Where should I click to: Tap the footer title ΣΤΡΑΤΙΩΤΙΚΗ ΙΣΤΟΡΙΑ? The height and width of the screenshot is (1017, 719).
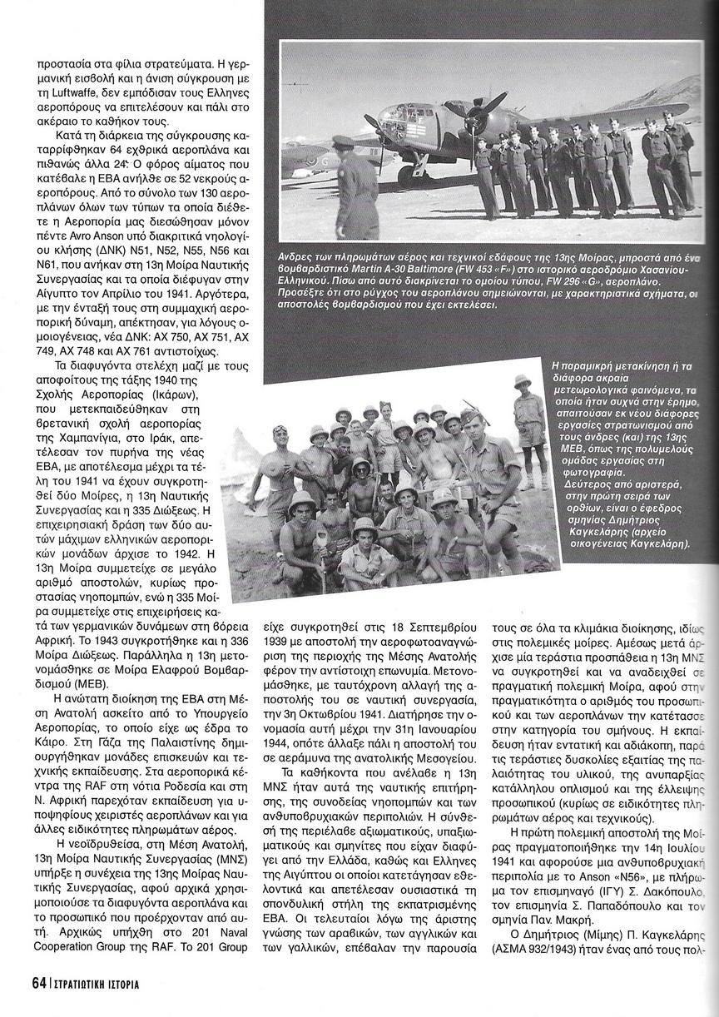92,984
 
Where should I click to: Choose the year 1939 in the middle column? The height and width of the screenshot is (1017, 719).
277,640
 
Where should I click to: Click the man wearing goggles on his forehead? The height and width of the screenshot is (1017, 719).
280,458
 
